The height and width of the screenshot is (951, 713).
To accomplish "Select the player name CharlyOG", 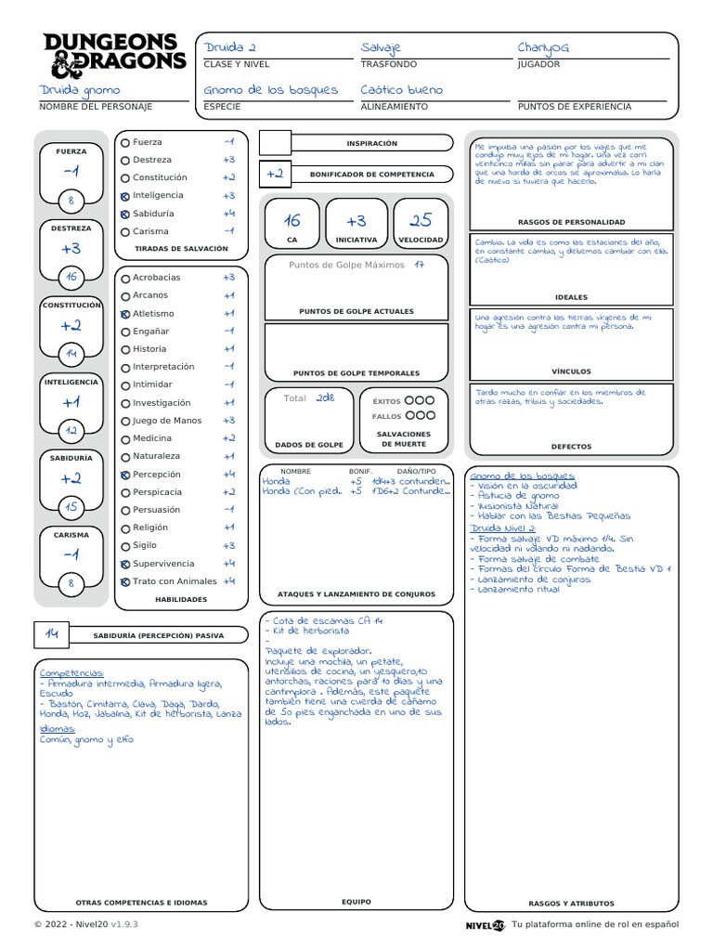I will click(x=543, y=47).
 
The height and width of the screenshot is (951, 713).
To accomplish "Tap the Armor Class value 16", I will click(x=292, y=221).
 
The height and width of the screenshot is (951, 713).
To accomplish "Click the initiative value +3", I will click(x=356, y=221).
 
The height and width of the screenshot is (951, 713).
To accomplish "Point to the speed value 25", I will click(x=421, y=221).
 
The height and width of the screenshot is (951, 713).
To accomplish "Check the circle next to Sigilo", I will click(x=125, y=546).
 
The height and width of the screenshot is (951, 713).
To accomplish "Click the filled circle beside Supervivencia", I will click(x=125, y=564).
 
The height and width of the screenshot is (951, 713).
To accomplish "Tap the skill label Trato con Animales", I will click(x=175, y=581).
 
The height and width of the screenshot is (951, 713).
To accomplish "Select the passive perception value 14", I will click(x=52, y=633).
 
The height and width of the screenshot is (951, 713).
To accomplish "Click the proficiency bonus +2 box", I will click(x=275, y=174).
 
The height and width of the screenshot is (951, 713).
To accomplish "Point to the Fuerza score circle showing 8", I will click(x=71, y=200).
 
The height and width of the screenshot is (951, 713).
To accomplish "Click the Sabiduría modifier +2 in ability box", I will click(x=71, y=479).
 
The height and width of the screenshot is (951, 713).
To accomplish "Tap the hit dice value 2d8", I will click(x=324, y=397).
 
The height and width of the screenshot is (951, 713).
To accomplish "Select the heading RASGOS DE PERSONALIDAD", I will click(x=571, y=223).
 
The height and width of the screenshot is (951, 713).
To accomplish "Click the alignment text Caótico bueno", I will click(x=402, y=90).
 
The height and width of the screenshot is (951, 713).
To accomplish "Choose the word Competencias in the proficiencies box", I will click(x=71, y=672).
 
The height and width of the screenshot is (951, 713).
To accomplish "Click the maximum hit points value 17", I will click(x=420, y=265).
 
